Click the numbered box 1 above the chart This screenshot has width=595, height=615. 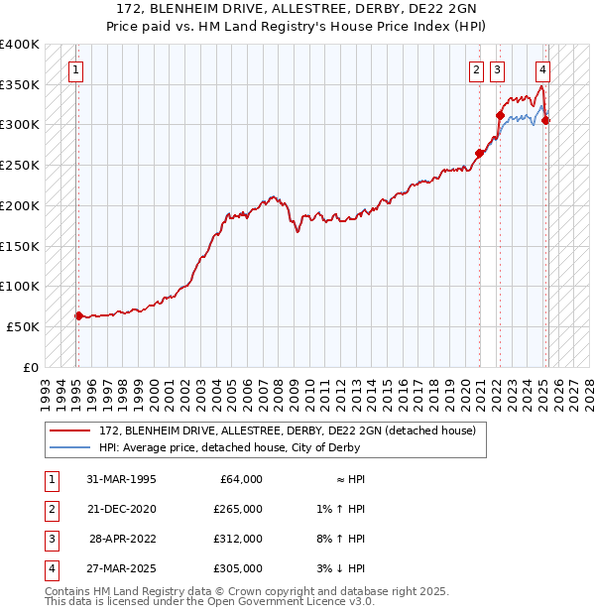click(x=76, y=70)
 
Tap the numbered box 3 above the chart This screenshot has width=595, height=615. click(x=496, y=70)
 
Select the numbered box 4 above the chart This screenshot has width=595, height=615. click(x=543, y=70)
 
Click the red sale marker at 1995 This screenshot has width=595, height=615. click(x=78, y=315)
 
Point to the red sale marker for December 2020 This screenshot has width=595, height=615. click(x=479, y=153)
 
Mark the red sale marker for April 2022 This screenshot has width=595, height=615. click(x=500, y=115)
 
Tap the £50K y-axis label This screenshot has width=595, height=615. click(x=23, y=326)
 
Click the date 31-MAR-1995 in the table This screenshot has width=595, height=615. click(x=122, y=479)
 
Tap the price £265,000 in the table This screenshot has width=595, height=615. click(x=238, y=509)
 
